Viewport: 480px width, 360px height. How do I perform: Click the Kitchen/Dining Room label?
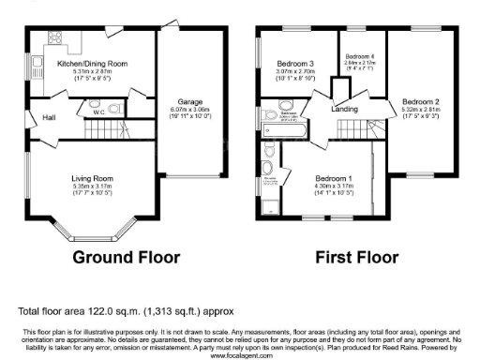[92, 63]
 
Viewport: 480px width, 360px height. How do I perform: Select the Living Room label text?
[92, 178]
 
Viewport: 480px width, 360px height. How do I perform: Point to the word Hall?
[48, 118]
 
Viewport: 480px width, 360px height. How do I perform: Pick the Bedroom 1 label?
[334, 178]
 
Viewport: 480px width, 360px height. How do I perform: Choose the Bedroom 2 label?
[419, 100]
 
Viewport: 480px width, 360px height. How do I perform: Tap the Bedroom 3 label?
[293, 63]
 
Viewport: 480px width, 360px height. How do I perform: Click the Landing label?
[345, 110]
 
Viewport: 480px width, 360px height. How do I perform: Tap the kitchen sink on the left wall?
[37, 68]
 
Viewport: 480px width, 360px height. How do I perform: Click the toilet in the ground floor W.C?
[114, 109]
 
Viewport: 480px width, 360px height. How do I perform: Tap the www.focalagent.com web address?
[240, 356]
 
